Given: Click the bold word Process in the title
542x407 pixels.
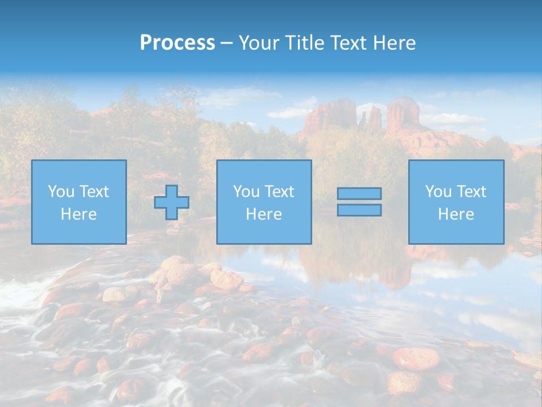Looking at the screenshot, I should pos(177,43).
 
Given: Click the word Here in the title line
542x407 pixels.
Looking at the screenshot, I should pos(395,43).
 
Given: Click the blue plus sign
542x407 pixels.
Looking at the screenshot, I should pos(172,202).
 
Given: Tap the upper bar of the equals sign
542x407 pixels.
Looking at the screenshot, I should pos(359,194).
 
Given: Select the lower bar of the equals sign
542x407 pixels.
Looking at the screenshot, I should pos(359,210).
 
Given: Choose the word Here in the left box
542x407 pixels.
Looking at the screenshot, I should pos(78,214).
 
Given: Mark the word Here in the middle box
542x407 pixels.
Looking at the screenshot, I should pos(264,214).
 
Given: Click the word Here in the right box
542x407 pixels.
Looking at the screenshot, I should pos(456,214).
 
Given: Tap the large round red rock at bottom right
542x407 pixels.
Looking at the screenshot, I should pos(416,358).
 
